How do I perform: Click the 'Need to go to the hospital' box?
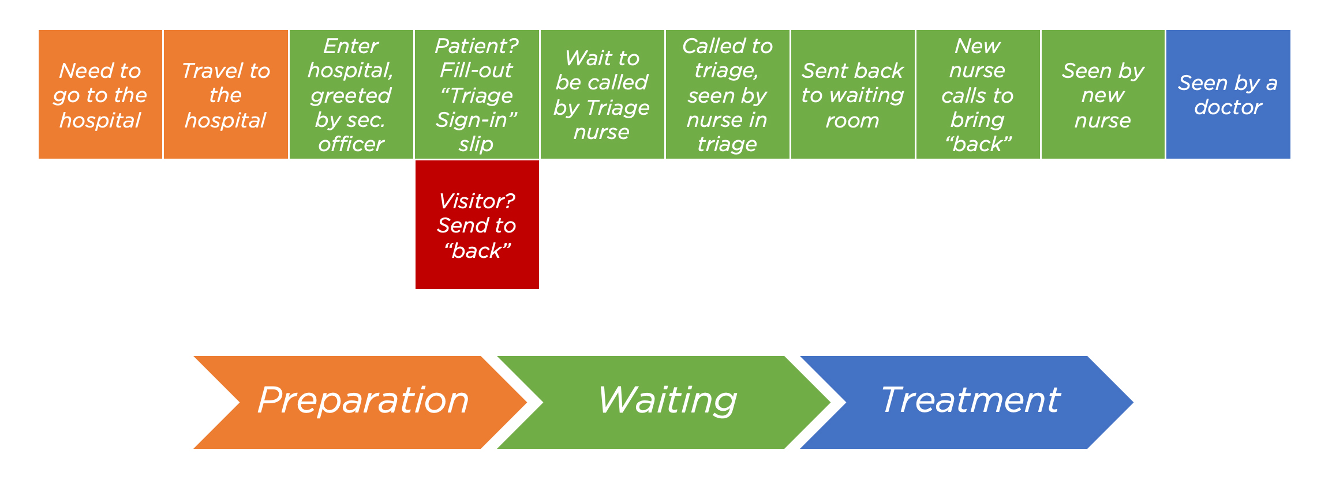pyautogui.click(x=100, y=94)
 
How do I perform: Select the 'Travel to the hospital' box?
pyautogui.click(x=226, y=94)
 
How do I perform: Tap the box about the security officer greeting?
pyautogui.click(x=351, y=94)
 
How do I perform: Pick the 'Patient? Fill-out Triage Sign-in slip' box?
pyautogui.click(x=477, y=94)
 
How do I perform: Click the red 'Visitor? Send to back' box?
pyautogui.click(x=477, y=224)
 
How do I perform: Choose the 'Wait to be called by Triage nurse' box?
pyautogui.click(x=602, y=94)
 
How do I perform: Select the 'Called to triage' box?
pyautogui.click(x=727, y=94)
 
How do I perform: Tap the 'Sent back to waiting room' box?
pyautogui.click(x=852, y=94)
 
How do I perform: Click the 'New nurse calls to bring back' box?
pyautogui.click(x=978, y=94)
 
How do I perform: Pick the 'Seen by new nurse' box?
pyautogui.click(x=1103, y=94)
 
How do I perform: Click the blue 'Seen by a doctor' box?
pyautogui.click(x=1228, y=94)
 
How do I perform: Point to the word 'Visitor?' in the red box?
pyautogui.click(x=477, y=201)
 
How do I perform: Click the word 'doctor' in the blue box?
pyautogui.click(x=1228, y=107)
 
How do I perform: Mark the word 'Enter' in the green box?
pyautogui.click(x=351, y=46)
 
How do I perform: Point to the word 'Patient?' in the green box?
pyautogui.click(x=477, y=46)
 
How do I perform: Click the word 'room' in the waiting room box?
pyautogui.click(x=852, y=121)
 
